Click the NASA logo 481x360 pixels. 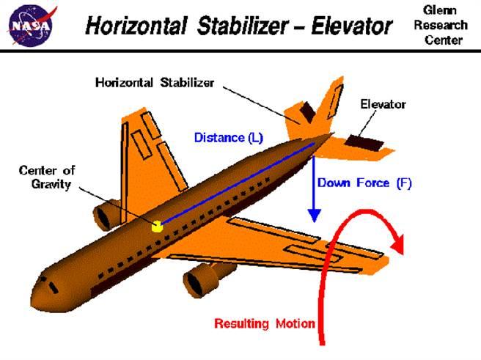pos(32,26)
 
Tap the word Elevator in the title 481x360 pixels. pos(352,26)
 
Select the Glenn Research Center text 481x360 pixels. pos(441,25)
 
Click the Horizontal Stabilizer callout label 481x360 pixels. pos(155,83)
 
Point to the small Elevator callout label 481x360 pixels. pos(383,104)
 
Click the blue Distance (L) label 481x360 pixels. pos(229,138)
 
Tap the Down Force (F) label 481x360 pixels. pos(364,183)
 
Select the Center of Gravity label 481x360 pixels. pos(47,177)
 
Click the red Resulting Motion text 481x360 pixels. pos(265,323)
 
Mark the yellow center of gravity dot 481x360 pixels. pos(157,227)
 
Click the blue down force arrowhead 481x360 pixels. pos(314,216)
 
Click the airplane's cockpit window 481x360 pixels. pos(54,287)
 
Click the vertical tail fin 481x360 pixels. pos(331,101)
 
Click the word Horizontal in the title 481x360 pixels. pos(136,26)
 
